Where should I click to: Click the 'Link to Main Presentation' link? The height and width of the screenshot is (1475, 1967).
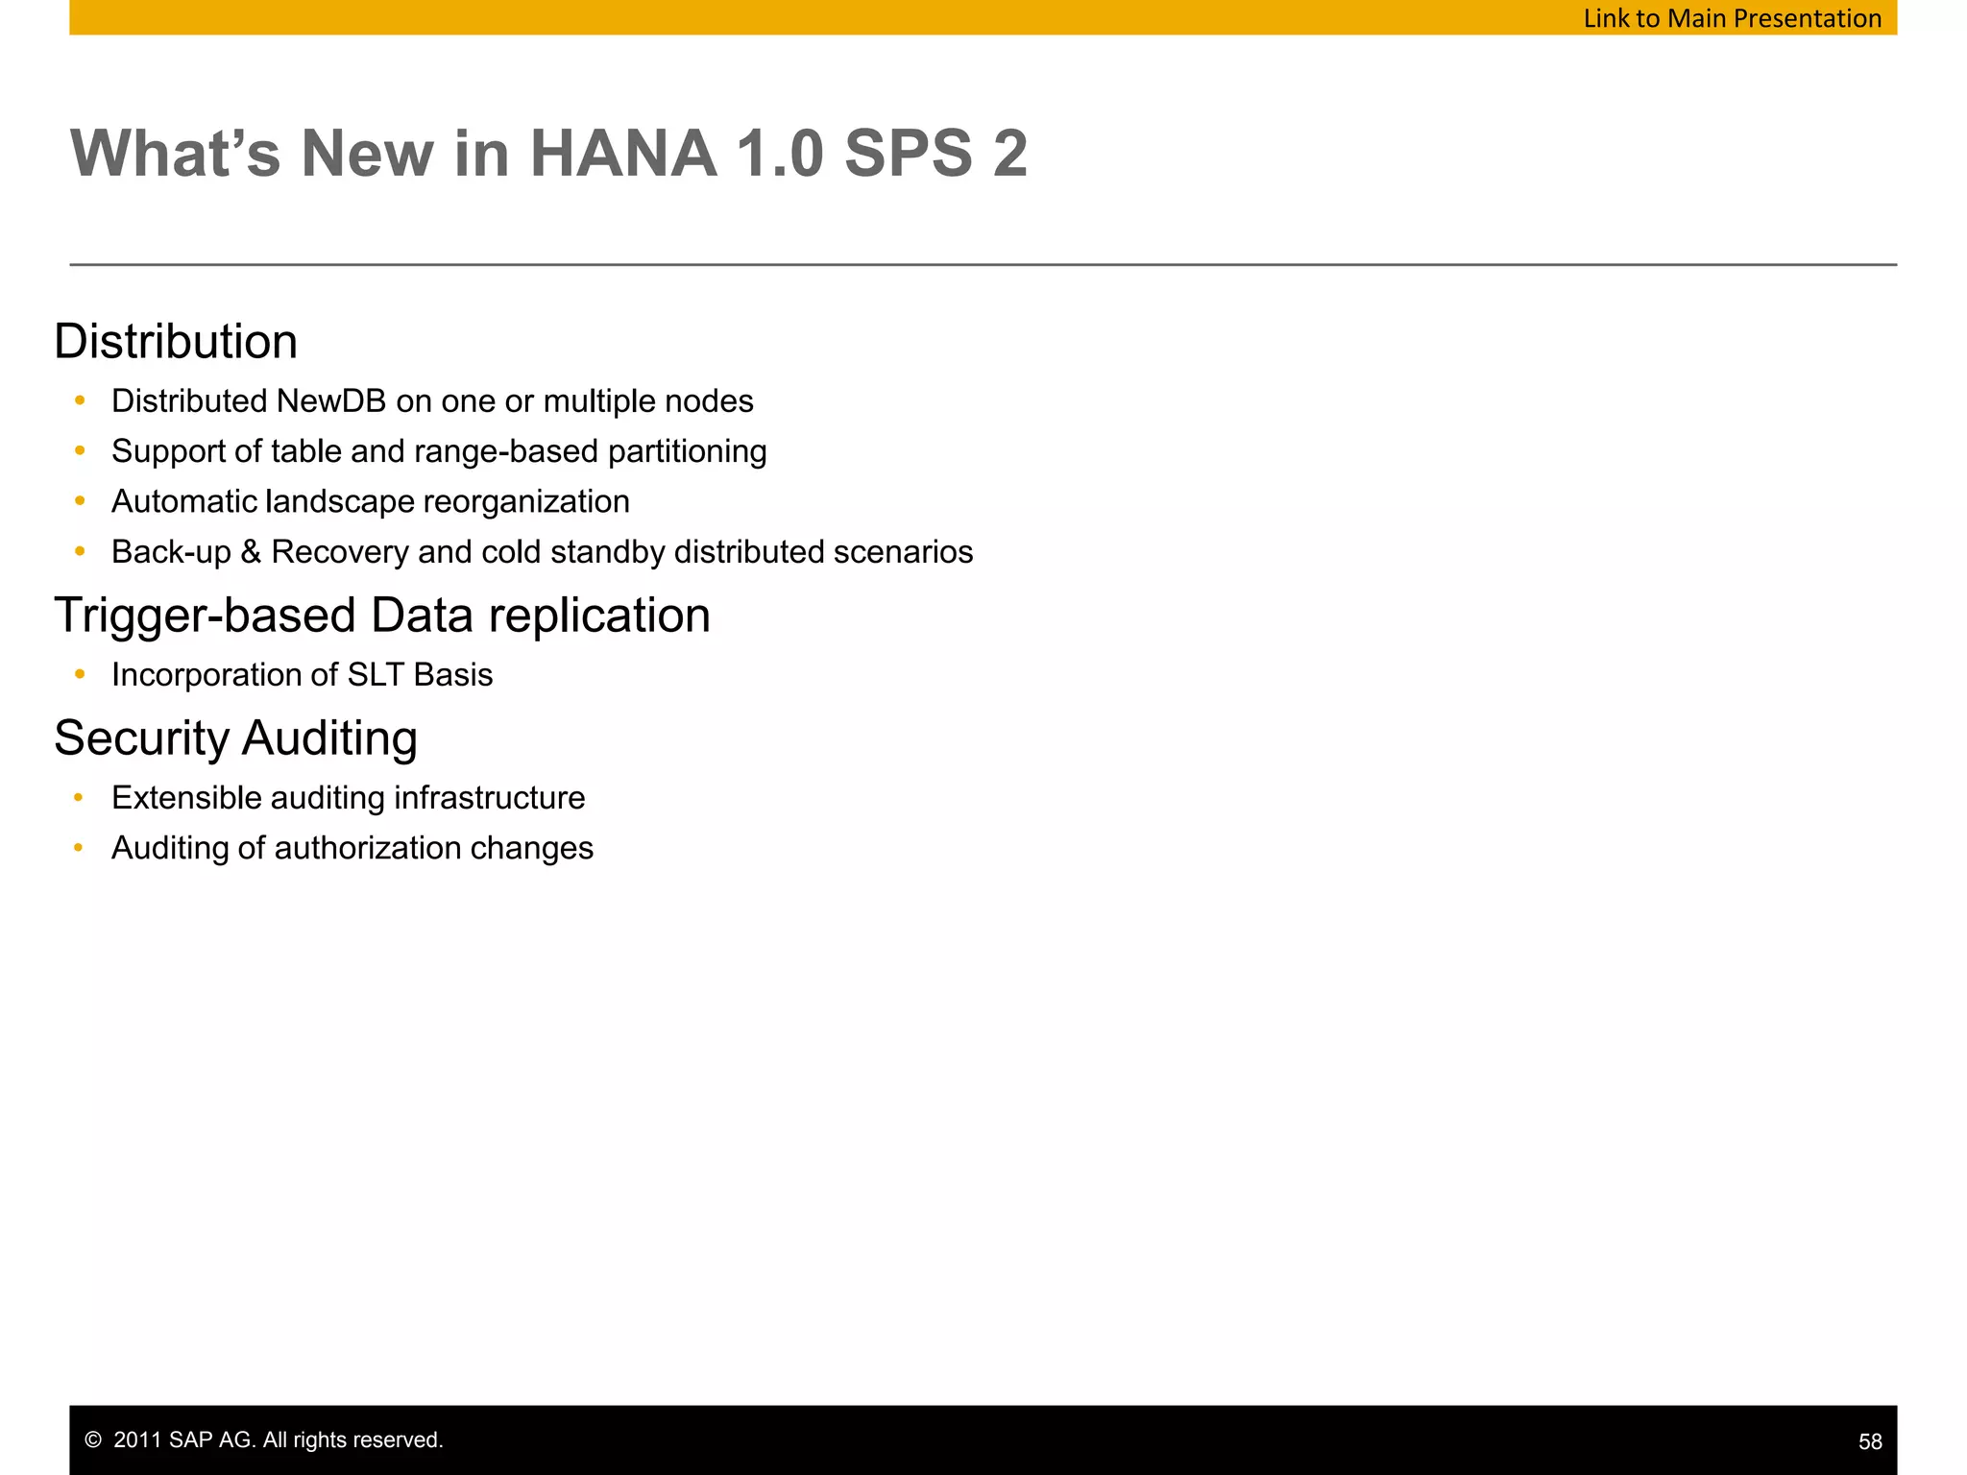pyautogui.click(x=1732, y=18)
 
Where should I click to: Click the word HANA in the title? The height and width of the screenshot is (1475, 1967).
pyautogui.click(x=623, y=154)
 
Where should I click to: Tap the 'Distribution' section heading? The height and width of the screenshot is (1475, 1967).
pyautogui.click(x=176, y=342)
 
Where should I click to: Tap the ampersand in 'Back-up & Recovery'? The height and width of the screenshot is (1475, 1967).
pyautogui.click(x=251, y=553)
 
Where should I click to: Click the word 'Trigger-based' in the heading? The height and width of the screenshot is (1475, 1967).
pyautogui.click(x=206, y=616)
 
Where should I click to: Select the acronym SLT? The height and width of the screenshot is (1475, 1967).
pyautogui.click(x=376, y=675)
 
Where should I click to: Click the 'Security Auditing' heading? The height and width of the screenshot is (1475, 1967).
pyautogui.click(x=236, y=738)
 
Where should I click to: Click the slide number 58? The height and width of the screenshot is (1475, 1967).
pyautogui.click(x=1870, y=1441)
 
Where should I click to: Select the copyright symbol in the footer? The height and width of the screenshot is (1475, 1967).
pyautogui.click(x=93, y=1440)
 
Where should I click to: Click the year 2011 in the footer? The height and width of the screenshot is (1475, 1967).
pyautogui.click(x=136, y=1440)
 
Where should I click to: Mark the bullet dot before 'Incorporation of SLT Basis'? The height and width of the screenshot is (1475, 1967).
pyautogui.click(x=80, y=675)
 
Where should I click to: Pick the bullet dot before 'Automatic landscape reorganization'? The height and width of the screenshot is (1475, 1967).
pyautogui.click(x=80, y=501)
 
